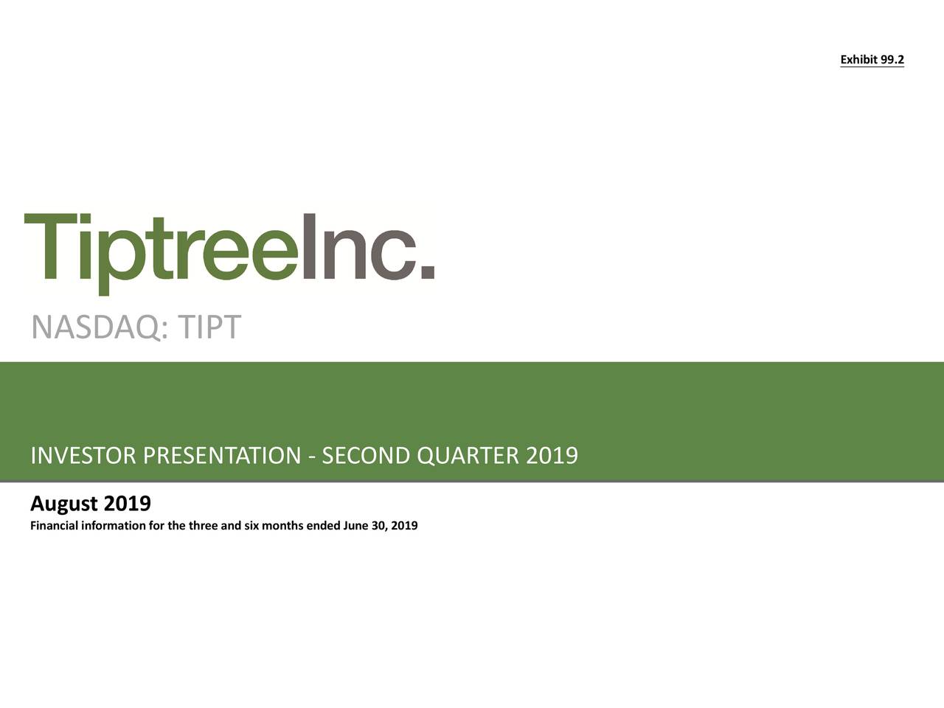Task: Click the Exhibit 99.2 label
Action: (x=872, y=60)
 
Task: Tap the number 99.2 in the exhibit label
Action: (x=892, y=60)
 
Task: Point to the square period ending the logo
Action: (x=427, y=271)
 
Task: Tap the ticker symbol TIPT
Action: (x=209, y=327)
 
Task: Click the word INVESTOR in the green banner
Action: (x=83, y=457)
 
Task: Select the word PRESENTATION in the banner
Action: (x=222, y=457)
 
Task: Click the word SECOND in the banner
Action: (x=366, y=457)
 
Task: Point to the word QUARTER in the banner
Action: (x=468, y=457)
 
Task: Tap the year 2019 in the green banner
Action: (x=552, y=457)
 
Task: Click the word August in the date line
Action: (x=64, y=505)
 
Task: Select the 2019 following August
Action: (x=128, y=504)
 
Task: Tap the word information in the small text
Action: (x=114, y=526)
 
